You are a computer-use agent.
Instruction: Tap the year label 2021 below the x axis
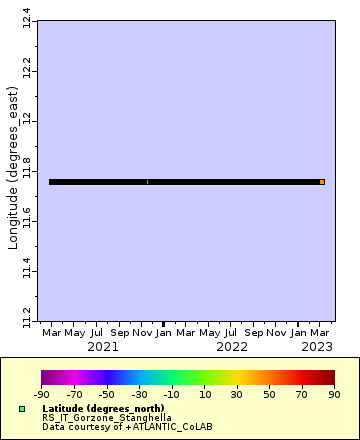tap(103, 347)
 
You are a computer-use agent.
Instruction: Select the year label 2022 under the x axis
tap(231, 347)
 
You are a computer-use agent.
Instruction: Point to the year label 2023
tap(317, 347)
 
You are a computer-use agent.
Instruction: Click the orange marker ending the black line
tap(322, 182)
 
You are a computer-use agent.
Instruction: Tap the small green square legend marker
tap(22, 409)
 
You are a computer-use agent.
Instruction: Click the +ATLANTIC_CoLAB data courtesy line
tap(106, 426)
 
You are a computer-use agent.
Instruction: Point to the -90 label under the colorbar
tap(42, 395)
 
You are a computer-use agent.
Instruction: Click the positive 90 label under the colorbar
tap(335, 395)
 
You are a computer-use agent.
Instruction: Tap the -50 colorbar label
tap(107, 395)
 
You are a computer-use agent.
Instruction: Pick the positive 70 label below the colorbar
tap(302, 395)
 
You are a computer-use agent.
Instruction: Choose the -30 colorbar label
tap(140, 395)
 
